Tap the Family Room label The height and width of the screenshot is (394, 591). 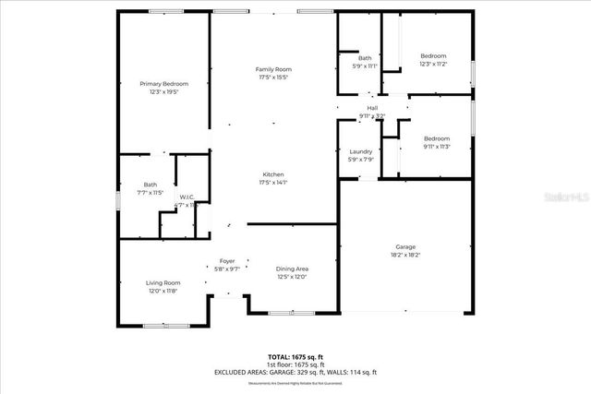(x=273, y=70)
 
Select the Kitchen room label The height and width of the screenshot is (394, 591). (x=273, y=174)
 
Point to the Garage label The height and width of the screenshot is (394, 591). (x=405, y=246)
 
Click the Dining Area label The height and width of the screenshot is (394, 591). (x=292, y=269)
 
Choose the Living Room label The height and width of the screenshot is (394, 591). (x=163, y=282)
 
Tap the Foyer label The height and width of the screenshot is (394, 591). (x=227, y=261)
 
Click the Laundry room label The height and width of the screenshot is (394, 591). (x=360, y=151)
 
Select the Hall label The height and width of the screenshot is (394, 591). (x=372, y=108)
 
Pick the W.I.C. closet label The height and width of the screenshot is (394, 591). (x=186, y=197)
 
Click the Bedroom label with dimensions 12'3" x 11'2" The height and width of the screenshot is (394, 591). (x=433, y=55)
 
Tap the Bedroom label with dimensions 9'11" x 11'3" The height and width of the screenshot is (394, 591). (x=436, y=138)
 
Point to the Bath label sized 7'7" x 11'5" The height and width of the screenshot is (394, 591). (x=150, y=185)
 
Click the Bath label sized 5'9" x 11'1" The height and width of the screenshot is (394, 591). (x=365, y=58)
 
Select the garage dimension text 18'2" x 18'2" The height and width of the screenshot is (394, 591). (x=405, y=255)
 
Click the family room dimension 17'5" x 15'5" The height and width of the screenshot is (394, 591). (x=273, y=78)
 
